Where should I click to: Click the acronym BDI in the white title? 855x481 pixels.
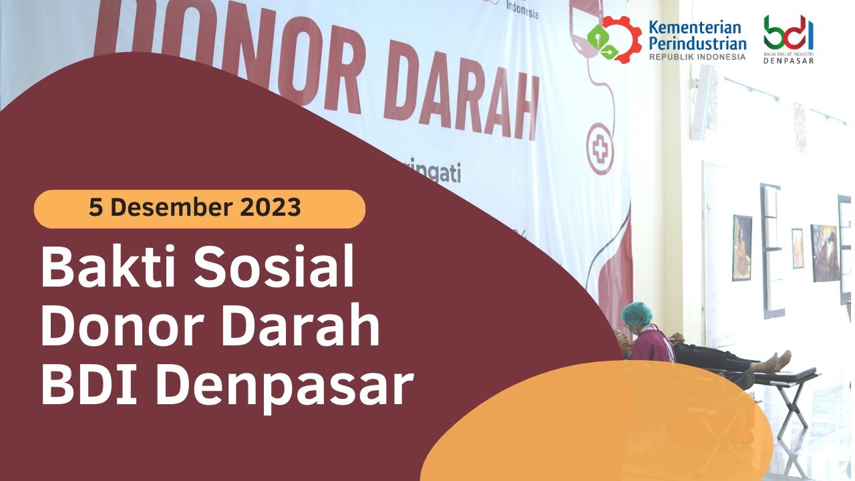coord(86,386)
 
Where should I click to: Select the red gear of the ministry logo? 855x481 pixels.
coord(615,39)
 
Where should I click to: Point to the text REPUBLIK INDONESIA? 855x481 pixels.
coord(697,57)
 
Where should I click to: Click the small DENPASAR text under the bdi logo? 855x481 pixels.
coord(789,61)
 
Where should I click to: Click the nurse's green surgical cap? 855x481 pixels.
coord(636,312)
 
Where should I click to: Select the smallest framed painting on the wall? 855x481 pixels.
coord(798,248)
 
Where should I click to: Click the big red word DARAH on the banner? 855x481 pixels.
coord(460,100)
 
